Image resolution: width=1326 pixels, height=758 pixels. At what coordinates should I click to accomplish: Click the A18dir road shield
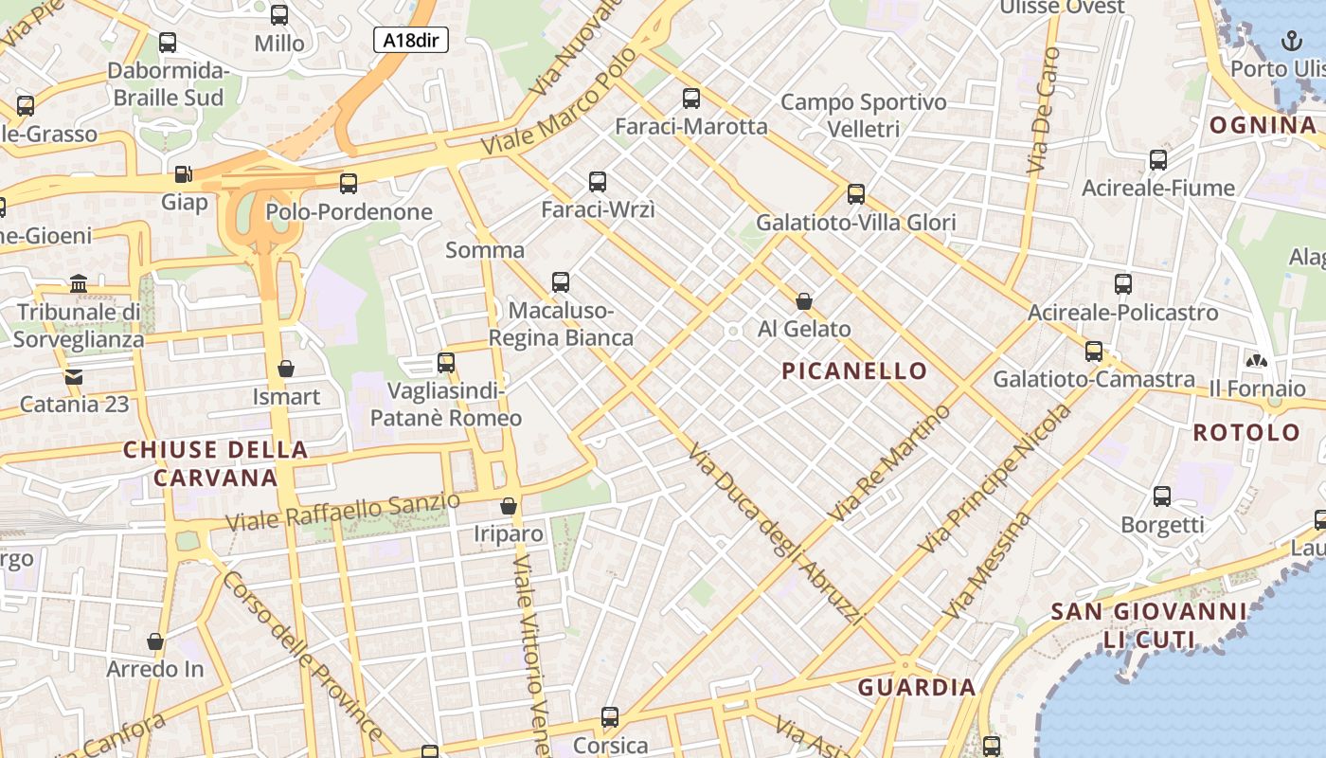pyautogui.click(x=410, y=40)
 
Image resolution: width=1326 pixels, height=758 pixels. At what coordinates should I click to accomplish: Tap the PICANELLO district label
pyautogui.click(x=854, y=370)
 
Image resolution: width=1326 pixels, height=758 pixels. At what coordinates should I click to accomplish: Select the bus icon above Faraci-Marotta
pyautogui.click(x=691, y=98)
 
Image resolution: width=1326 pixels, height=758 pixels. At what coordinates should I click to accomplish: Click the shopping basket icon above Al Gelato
pyautogui.click(x=804, y=301)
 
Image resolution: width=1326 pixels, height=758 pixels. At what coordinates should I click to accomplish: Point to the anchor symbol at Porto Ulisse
pyautogui.click(x=1290, y=40)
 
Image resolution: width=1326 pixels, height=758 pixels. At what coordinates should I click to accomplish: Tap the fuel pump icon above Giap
pyautogui.click(x=184, y=174)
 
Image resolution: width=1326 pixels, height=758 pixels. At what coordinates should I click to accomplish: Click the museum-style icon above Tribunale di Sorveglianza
pyautogui.click(x=80, y=283)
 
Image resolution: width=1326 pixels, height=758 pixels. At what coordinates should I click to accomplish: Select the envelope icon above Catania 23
pyautogui.click(x=74, y=377)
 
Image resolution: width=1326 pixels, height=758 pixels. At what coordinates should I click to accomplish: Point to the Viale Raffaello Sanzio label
pyautogui.click(x=344, y=512)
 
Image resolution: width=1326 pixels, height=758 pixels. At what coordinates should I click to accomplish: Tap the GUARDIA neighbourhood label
pyautogui.click(x=917, y=687)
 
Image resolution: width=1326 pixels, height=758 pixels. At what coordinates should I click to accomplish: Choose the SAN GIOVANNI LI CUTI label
pyautogui.click(x=1148, y=624)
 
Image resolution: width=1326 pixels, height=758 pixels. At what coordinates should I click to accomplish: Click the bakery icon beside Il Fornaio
pyautogui.click(x=1257, y=361)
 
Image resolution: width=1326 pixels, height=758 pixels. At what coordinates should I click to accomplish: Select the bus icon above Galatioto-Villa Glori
pyautogui.click(x=856, y=194)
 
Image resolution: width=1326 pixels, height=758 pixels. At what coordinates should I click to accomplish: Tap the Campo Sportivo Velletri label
pyautogui.click(x=864, y=115)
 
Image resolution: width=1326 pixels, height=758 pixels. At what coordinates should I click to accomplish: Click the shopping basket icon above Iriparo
pyautogui.click(x=509, y=506)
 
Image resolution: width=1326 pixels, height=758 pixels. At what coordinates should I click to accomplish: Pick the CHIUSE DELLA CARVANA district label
pyautogui.click(x=216, y=462)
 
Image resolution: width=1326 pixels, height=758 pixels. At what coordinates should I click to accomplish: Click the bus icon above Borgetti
pyautogui.click(x=1162, y=496)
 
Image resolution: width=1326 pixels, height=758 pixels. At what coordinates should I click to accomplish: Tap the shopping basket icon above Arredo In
pyautogui.click(x=155, y=641)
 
